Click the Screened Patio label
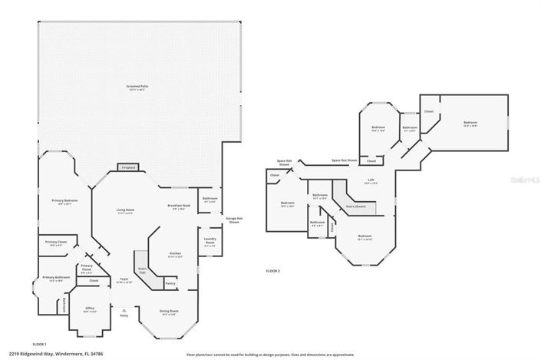point(138,88)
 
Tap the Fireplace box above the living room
point(127,167)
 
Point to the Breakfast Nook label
point(179,207)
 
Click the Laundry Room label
point(209,242)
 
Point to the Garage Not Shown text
point(234,220)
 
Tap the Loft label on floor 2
point(370,181)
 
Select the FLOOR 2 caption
point(273,271)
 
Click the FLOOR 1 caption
point(40,343)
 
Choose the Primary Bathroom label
point(57,278)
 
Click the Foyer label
point(124,279)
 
